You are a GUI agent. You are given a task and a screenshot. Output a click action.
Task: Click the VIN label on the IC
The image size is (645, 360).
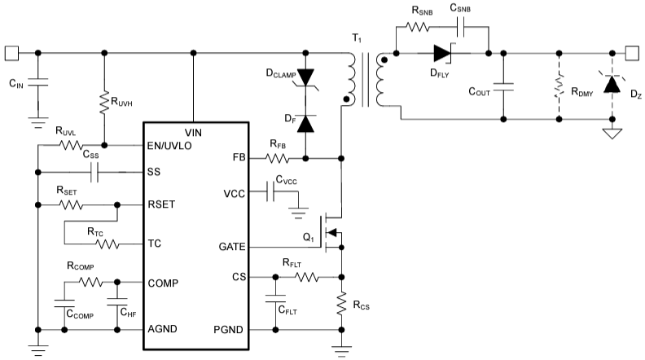coord(194,132)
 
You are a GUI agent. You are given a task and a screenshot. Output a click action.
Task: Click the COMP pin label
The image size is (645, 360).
coord(164,283)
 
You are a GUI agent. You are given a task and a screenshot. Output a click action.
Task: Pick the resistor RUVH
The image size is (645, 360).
coord(103,102)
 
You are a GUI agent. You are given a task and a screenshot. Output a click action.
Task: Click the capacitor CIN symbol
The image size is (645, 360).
coord(39,82)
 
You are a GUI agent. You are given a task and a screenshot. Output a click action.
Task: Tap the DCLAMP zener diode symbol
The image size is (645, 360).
coord(306,77)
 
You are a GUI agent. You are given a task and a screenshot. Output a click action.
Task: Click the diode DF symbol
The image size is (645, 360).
coord(306,124)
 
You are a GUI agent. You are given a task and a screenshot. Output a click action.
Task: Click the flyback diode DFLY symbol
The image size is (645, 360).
coord(442,54)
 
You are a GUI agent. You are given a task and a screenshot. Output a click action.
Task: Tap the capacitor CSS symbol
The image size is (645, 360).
coord(95,173)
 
